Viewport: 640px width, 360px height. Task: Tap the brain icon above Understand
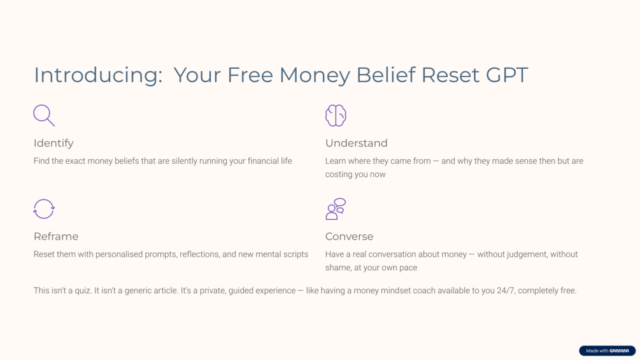coord(336,115)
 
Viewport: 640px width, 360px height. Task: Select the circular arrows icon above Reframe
coord(44,209)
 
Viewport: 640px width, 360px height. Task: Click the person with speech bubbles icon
coord(336,209)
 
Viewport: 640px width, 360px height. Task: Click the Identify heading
coord(53,143)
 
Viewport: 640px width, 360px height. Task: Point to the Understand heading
coord(357,143)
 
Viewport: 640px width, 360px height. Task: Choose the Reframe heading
coord(56,236)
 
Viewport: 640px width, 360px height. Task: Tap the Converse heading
coord(350,236)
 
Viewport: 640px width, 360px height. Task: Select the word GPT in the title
coord(507,75)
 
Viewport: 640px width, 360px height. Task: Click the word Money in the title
coord(315,76)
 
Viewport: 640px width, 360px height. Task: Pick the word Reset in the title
coord(450,75)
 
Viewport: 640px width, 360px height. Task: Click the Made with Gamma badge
coord(607,350)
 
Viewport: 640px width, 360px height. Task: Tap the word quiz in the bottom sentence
coord(82,291)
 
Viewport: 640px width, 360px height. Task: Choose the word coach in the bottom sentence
coord(423,291)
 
